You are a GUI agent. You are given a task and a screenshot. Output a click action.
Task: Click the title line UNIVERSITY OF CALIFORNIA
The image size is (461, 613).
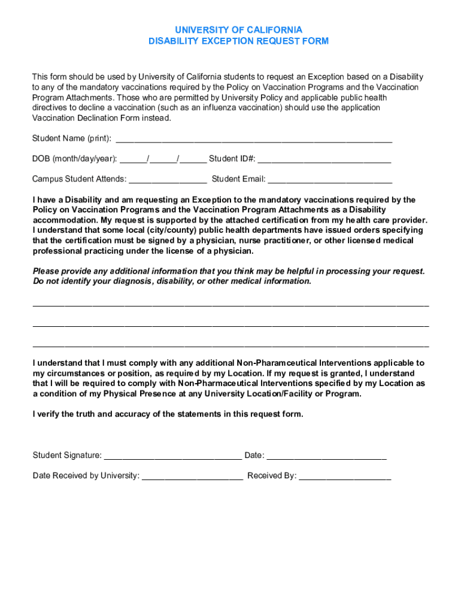238,30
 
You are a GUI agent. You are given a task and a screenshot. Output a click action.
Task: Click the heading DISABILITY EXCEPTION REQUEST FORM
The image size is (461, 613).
238,41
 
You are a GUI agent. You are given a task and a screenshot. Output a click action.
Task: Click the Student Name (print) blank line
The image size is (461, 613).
253,140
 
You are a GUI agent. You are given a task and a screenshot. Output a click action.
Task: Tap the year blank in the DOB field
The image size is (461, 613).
193,160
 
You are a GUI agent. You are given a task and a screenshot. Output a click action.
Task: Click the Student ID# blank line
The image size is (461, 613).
324,160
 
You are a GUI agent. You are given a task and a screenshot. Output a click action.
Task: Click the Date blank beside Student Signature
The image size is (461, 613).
326,457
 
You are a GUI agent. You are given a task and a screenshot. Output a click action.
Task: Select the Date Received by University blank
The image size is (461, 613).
193,477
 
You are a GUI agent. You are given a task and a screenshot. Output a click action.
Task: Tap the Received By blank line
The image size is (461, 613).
345,477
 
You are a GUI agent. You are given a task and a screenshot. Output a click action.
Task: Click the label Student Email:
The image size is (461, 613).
238,179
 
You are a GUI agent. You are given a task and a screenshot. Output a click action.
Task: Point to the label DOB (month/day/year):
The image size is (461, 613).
75,159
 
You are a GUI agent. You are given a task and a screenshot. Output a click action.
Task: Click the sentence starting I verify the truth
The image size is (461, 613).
168,414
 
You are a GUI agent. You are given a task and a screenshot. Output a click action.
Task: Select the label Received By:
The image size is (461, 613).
272,476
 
